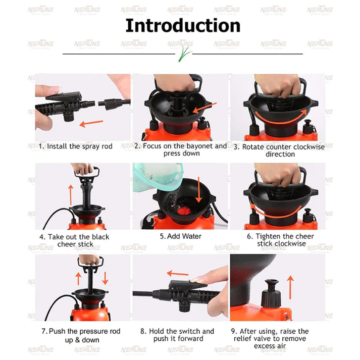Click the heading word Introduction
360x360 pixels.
183,25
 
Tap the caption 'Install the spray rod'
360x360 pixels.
75,146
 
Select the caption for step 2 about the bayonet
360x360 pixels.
181,149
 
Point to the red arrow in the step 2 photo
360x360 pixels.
205,108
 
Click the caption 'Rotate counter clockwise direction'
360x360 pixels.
280,150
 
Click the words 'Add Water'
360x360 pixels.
180,236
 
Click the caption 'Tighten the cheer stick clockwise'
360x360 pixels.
280,240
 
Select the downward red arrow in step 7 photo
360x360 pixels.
105,278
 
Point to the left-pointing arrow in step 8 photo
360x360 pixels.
178,274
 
